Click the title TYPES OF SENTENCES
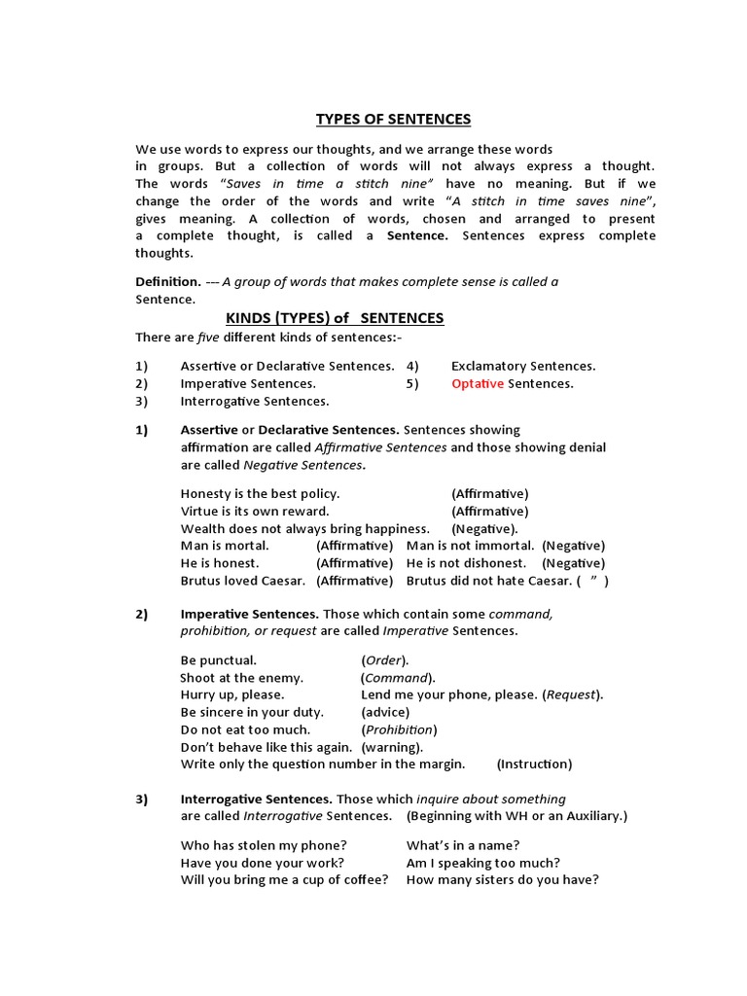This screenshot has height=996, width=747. coord(393,119)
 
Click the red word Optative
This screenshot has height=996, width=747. coord(478,384)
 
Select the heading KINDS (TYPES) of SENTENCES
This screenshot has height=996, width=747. coord(335,318)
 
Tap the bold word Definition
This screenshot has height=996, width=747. coord(167,282)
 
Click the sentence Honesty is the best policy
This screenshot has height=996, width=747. coord(260,494)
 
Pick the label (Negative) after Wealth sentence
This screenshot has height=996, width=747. coord(483,528)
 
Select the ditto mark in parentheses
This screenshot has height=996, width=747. coord(592,581)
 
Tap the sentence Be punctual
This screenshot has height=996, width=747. coord(219,660)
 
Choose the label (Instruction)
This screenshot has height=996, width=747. coord(534,765)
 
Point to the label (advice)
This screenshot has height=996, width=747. coord(385,712)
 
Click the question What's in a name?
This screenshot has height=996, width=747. coord(462,845)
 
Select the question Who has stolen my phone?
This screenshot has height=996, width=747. coord(264,845)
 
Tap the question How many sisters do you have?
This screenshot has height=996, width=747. coord(502,879)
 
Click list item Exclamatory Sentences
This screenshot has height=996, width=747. coord(523,367)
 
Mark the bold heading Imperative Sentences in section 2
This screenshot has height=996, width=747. coord(249,614)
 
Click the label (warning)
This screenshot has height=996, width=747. coord(392,747)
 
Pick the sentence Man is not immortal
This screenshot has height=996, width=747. coord(470,546)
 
